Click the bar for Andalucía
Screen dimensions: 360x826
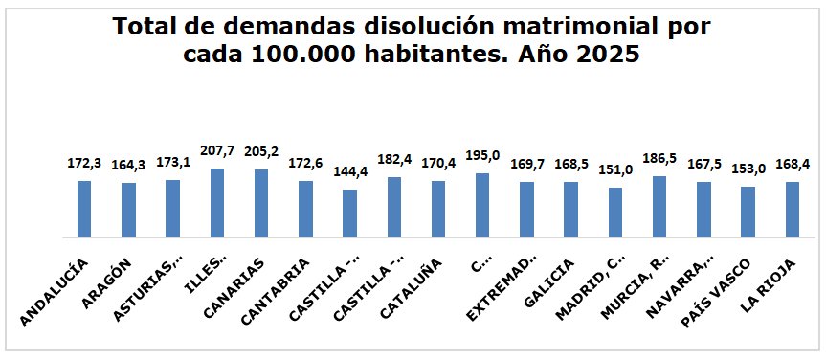coord(84,209)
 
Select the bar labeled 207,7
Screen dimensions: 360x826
coord(217,203)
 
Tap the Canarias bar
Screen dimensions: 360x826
coord(261,203)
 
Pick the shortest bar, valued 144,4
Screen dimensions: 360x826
coord(349,214)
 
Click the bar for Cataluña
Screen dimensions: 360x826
coord(438,209)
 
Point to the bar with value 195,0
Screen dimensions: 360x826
coord(482,205)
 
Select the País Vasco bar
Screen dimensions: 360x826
coord(748,212)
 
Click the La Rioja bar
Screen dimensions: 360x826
coord(793,210)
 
